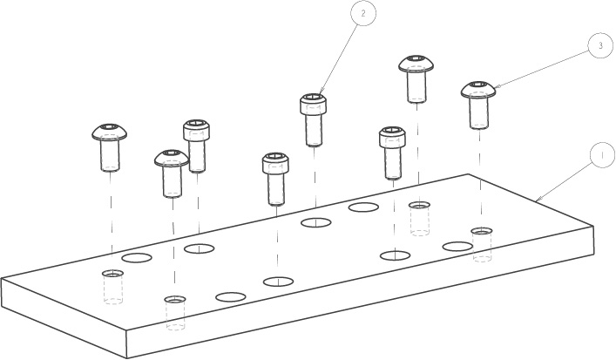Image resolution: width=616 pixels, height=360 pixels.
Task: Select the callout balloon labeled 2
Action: (364, 15)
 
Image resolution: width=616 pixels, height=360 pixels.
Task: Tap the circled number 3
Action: (598, 46)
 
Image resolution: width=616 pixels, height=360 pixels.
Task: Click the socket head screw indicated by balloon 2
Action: (315, 118)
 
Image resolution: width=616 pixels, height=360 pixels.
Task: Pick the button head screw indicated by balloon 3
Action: (477, 103)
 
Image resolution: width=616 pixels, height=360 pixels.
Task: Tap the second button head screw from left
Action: (172, 172)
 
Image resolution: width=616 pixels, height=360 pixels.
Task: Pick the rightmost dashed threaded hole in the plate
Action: (481, 244)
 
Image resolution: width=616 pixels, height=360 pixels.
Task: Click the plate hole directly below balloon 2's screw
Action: (315, 223)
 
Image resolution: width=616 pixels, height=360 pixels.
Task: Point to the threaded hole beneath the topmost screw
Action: (419, 217)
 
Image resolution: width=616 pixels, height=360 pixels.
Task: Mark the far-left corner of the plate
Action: (2, 279)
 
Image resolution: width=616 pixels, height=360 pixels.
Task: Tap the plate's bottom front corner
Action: (127, 357)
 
